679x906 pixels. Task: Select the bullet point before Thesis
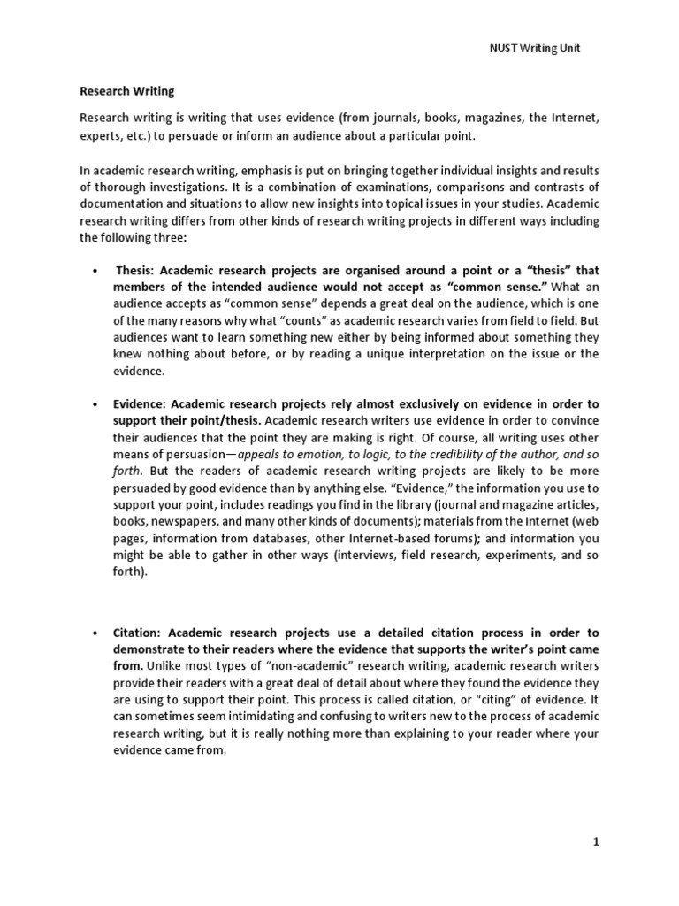[95, 270]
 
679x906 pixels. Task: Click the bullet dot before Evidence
[95, 403]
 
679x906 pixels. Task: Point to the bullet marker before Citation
[95, 633]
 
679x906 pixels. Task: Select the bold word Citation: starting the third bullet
[140, 633]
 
